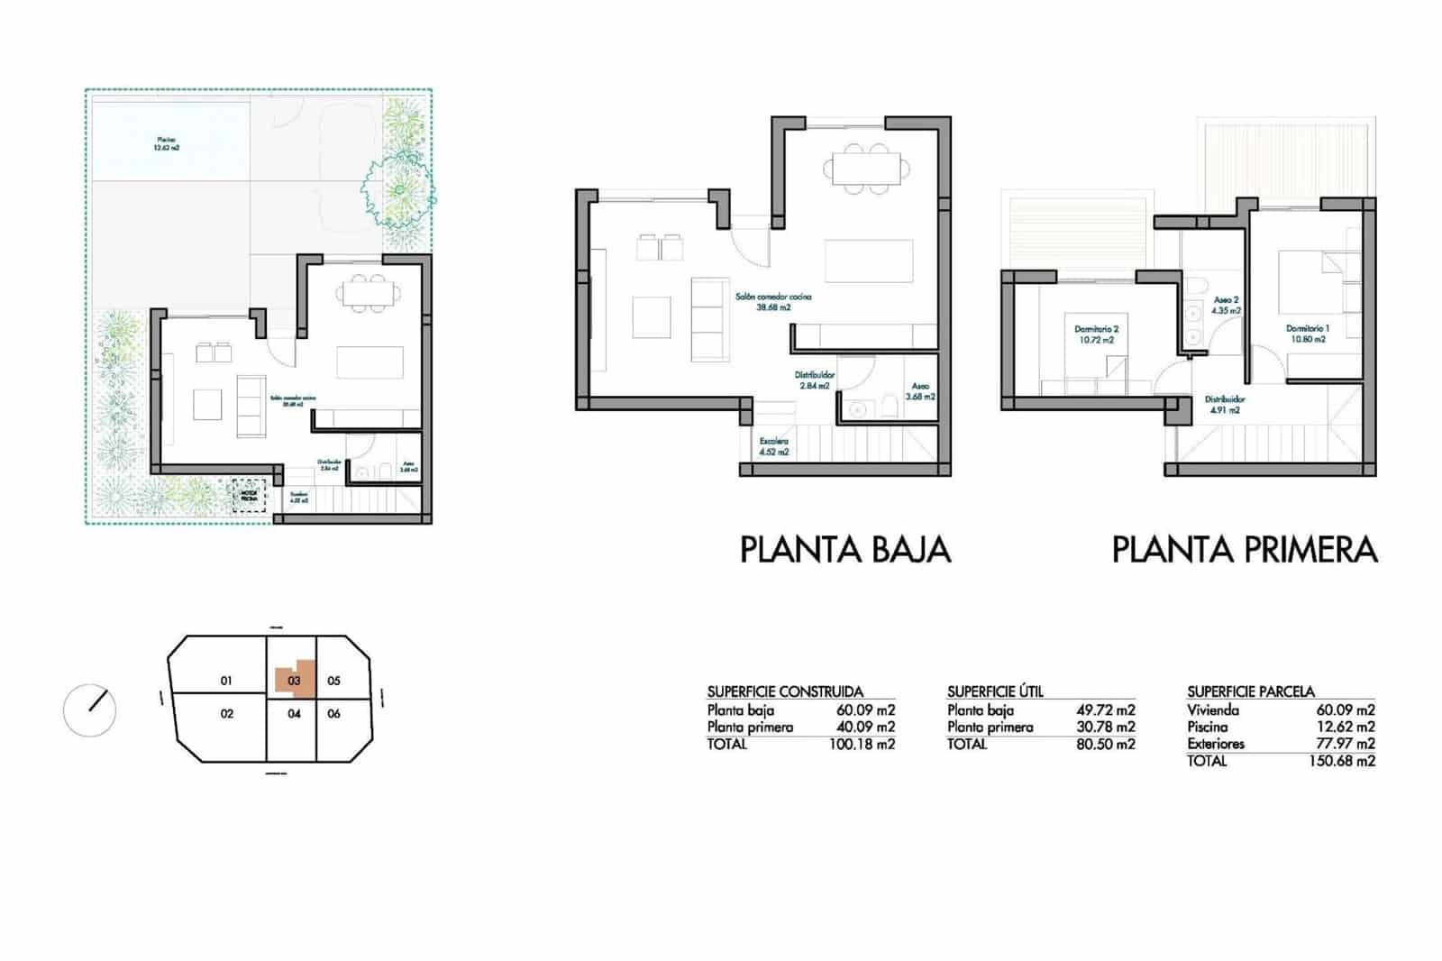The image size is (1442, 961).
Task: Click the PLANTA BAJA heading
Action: point(844,549)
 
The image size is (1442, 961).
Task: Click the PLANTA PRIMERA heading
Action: point(1244,549)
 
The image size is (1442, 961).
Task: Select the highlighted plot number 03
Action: point(294,681)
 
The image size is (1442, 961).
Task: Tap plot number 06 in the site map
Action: point(333,713)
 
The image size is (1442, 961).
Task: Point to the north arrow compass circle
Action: point(90,710)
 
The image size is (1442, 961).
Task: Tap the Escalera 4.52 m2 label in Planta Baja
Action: point(773,446)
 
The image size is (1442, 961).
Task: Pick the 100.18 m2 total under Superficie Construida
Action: point(861,745)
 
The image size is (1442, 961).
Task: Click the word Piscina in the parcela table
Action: point(1207,727)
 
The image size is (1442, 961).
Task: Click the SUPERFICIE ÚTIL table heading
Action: point(995,691)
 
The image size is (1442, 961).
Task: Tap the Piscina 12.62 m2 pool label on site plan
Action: point(167,143)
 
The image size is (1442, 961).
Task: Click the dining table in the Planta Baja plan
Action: point(865,169)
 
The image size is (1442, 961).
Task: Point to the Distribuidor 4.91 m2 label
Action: point(1225,404)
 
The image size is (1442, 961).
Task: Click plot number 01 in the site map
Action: point(226,681)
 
